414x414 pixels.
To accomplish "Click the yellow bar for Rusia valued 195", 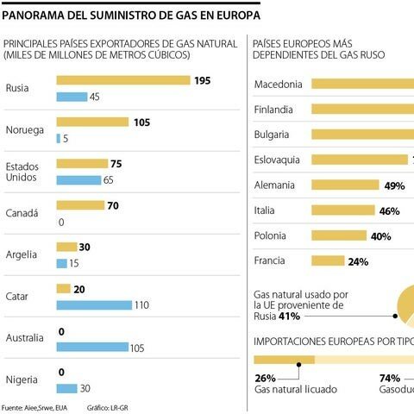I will pos(122,80).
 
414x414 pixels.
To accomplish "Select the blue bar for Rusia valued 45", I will pos(72,97).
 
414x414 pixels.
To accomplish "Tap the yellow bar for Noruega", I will pos(92,122).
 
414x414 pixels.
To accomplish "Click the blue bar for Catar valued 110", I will pos(94,304).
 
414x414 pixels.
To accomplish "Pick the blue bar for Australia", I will pos(91,347).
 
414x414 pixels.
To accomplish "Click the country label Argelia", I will pos(22,254).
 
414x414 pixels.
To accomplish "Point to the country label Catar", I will pos(18,296).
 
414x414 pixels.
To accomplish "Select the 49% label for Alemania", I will pos(394,185).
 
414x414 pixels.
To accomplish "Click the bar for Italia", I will pos(342,210).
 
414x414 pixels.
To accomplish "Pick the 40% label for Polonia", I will pos(380,236).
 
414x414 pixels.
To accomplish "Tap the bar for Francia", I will pos(329,261).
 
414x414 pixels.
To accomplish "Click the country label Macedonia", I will pos(278,85).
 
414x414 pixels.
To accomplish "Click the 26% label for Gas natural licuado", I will pos(266,377).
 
